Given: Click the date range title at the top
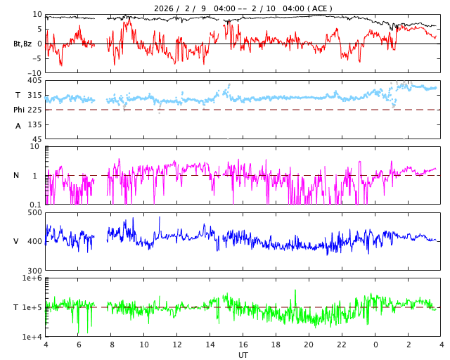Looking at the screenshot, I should coord(243,8).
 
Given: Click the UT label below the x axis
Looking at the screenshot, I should coord(243,355).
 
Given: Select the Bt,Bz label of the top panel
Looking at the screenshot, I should coord(22,44).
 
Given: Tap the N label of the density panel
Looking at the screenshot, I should coord(16,175).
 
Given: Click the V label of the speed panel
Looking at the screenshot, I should coord(16,241).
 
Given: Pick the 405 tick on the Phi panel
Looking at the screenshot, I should coord(35,80).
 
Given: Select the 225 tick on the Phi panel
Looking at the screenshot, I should coord(35,110).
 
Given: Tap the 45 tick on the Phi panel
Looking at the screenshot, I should coord(37,139).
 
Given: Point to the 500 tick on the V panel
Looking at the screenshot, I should coord(35,212).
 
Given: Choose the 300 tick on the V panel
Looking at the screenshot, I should coord(35,271).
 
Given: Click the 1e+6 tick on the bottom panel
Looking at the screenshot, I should coord(32,278).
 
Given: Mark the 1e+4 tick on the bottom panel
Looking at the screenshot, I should coord(32,337).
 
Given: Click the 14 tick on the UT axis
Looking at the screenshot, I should coord(210,345).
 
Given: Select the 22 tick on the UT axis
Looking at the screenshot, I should coord(342,345).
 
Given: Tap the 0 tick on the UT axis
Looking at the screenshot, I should coord(375,345).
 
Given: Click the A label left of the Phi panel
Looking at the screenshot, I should coord(18,126).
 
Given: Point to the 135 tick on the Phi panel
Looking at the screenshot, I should coord(35,124).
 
